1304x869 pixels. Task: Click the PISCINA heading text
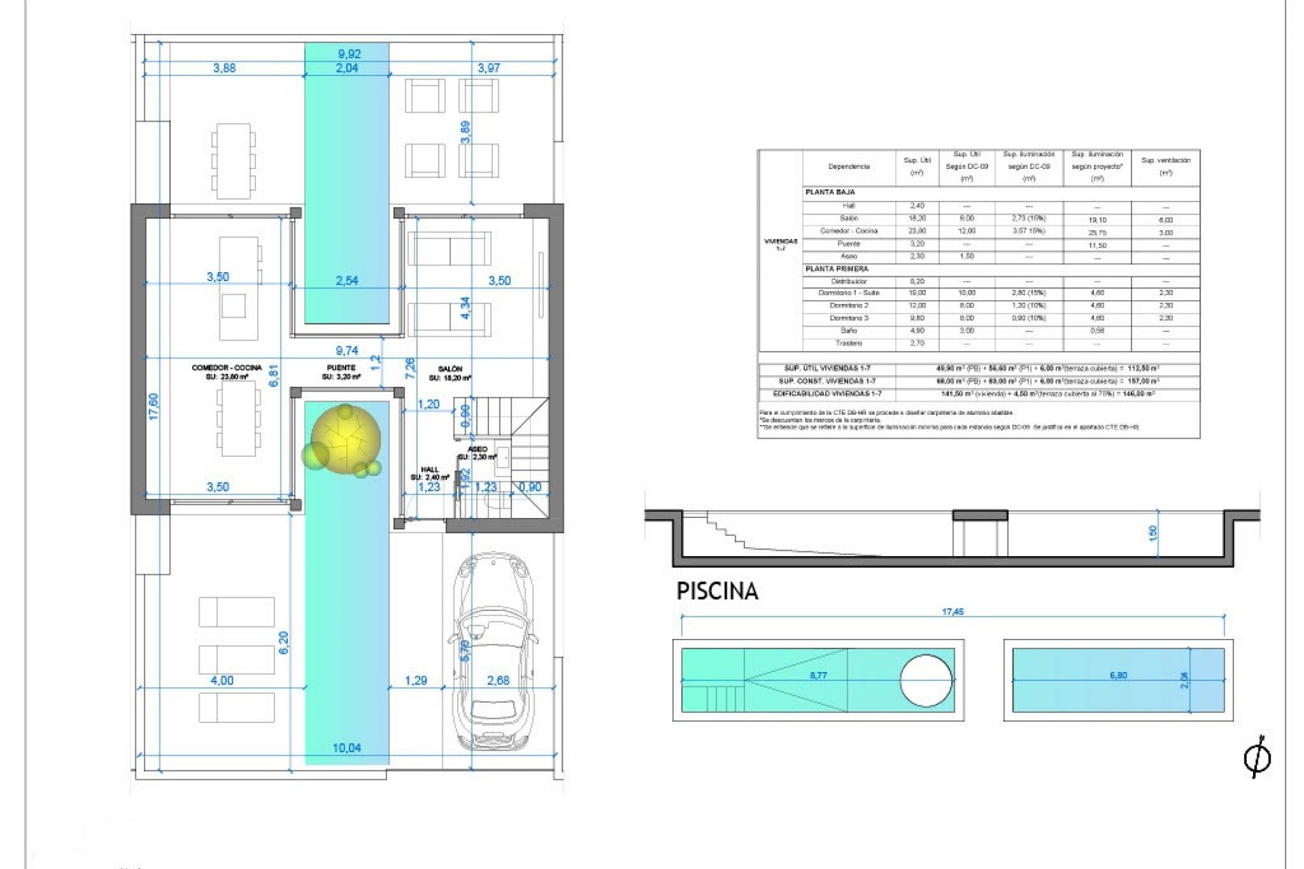tap(717, 591)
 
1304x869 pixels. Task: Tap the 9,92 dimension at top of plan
tap(349, 54)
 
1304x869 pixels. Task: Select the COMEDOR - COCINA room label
tap(226, 368)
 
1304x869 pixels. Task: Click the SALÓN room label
tap(450, 369)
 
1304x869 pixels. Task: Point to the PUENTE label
tap(341, 368)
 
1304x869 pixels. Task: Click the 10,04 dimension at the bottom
tap(346, 748)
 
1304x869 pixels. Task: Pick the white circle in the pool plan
tap(926, 680)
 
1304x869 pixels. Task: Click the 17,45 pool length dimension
tap(952, 612)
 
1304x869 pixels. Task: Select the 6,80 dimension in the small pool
tap(1118, 676)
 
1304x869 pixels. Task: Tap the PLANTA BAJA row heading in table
tap(830, 192)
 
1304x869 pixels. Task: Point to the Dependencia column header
tap(848, 166)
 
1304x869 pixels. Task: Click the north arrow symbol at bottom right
tap(1256, 757)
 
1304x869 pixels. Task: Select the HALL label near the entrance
tap(429, 470)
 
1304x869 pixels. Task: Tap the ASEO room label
tap(477, 449)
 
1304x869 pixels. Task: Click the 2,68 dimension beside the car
tap(498, 680)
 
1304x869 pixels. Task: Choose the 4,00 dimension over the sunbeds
tap(222, 680)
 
